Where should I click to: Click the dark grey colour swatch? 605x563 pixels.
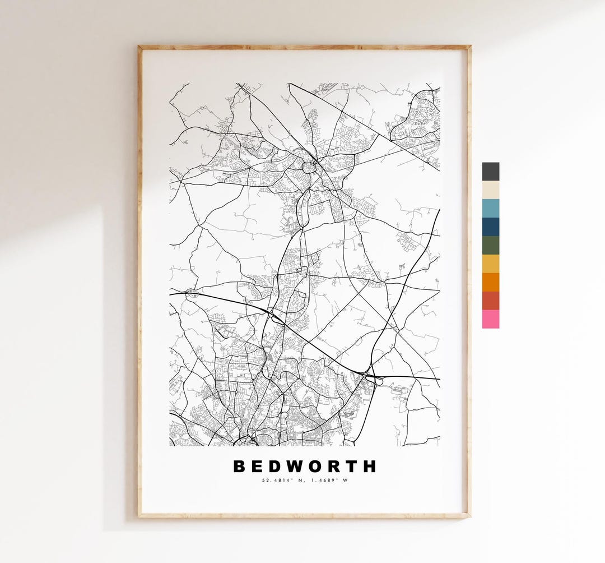[490, 172]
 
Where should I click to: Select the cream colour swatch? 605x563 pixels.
[490, 190]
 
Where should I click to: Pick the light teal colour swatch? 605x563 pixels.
[490, 208]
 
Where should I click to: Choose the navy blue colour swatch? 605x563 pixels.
[490, 227]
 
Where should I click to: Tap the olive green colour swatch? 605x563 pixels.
[490, 245]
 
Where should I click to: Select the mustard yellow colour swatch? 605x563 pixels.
[490, 264]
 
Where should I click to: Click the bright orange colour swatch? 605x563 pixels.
[490, 282]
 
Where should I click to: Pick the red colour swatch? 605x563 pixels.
[490, 301]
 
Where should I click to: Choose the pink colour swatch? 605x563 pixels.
[490, 319]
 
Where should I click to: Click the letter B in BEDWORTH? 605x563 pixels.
[240, 467]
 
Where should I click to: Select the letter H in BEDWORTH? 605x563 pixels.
[370, 467]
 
